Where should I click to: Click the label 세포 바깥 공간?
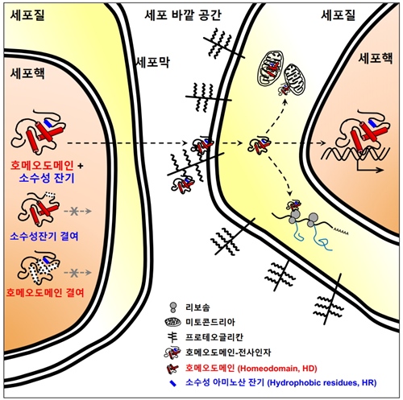[183, 15]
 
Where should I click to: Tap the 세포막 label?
[153, 62]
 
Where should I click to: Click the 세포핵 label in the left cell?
[27, 73]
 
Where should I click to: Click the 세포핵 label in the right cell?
[376, 58]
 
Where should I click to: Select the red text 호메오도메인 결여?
[45, 292]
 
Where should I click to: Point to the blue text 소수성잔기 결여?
[44, 236]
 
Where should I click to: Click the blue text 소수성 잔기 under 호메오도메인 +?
[47, 178]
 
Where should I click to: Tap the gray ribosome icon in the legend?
[173, 307]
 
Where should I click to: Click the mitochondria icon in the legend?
[173, 322]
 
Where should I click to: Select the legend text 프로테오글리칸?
[214, 337]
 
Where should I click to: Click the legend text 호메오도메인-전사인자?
[228, 353]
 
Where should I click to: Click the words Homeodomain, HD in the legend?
[278, 368]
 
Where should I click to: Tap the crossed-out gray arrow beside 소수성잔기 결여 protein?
[77, 212]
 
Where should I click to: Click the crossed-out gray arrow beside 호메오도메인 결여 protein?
[77, 273]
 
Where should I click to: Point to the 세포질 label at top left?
[27, 15]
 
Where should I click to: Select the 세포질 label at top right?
[339, 15]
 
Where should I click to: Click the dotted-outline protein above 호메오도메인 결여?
[39, 267]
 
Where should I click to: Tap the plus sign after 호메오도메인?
[80, 166]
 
